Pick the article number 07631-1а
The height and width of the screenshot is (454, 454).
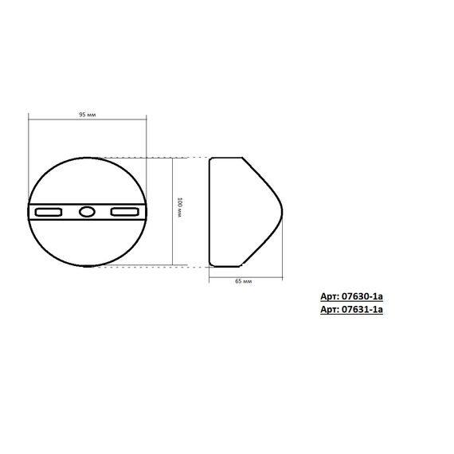(362, 311)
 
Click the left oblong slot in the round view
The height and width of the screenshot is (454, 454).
(49, 212)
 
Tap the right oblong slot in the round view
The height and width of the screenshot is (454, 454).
(125, 212)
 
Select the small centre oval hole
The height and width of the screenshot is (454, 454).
(87, 212)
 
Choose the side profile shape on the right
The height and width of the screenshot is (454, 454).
(239, 211)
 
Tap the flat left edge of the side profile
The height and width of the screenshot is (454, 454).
(209, 212)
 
